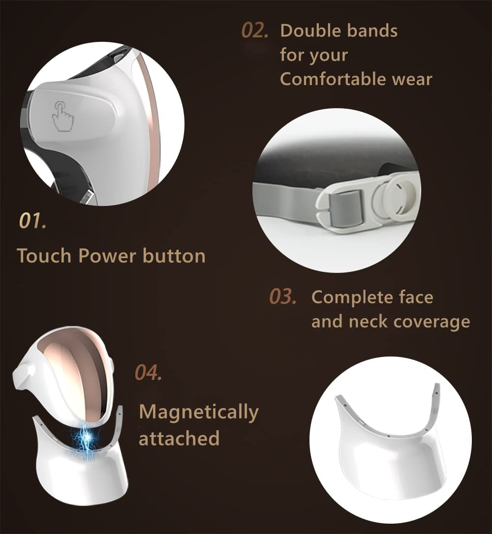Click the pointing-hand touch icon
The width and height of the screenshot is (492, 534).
(62, 116)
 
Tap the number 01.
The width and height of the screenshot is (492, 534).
(32, 221)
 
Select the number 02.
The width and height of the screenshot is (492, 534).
(255, 30)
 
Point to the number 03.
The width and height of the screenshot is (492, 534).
(283, 297)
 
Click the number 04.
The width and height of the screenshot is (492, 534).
(149, 373)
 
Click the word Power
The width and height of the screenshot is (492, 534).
(107, 256)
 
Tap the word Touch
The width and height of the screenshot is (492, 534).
(44, 256)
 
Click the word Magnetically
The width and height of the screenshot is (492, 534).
(199, 413)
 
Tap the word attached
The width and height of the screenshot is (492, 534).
(179, 438)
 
